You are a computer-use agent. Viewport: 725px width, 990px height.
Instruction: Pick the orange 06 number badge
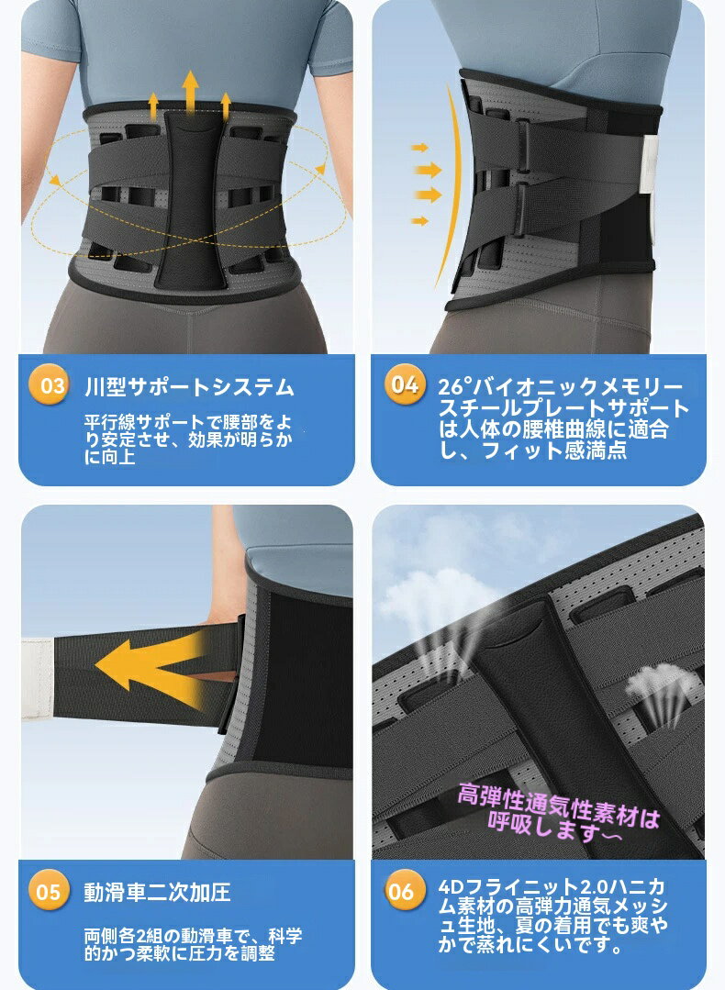(402, 891)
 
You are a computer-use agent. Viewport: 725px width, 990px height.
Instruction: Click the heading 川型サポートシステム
(189, 386)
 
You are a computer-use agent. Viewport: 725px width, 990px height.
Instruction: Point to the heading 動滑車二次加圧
(157, 892)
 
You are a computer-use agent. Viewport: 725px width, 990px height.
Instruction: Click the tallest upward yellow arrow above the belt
(190, 92)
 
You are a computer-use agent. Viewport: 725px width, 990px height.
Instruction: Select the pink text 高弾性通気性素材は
(558, 802)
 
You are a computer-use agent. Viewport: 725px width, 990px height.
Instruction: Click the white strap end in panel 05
(38, 679)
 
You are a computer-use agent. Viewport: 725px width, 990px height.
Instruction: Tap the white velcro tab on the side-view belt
(649, 165)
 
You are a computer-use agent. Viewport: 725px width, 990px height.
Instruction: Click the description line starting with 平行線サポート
(188, 422)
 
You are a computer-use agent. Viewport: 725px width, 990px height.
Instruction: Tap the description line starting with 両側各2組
(194, 936)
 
